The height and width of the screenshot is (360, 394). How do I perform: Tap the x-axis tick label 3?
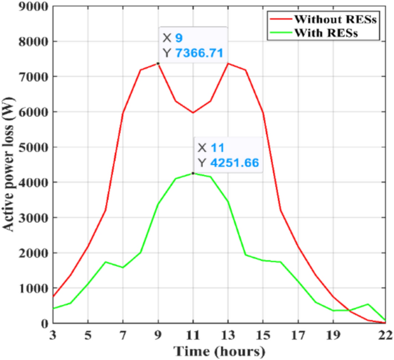point(52,335)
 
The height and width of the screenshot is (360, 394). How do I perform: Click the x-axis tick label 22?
point(385,335)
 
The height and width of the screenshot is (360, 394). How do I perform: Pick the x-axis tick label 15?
point(263,335)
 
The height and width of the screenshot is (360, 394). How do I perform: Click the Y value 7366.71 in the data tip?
point(200,53)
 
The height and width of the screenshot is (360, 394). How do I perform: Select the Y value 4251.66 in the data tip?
point(235,163)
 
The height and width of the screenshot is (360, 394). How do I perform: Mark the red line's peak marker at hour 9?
point(158,64)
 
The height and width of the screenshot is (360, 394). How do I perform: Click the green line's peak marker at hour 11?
point(193,173)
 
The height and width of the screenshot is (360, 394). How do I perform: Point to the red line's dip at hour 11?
point(193,113)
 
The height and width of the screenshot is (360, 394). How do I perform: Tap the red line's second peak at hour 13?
point(228,64)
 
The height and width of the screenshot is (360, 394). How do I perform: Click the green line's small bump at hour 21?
point(368,304)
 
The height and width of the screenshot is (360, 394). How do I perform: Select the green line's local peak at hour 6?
point(105,262)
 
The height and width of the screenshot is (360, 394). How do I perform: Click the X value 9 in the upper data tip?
point(179,38)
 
